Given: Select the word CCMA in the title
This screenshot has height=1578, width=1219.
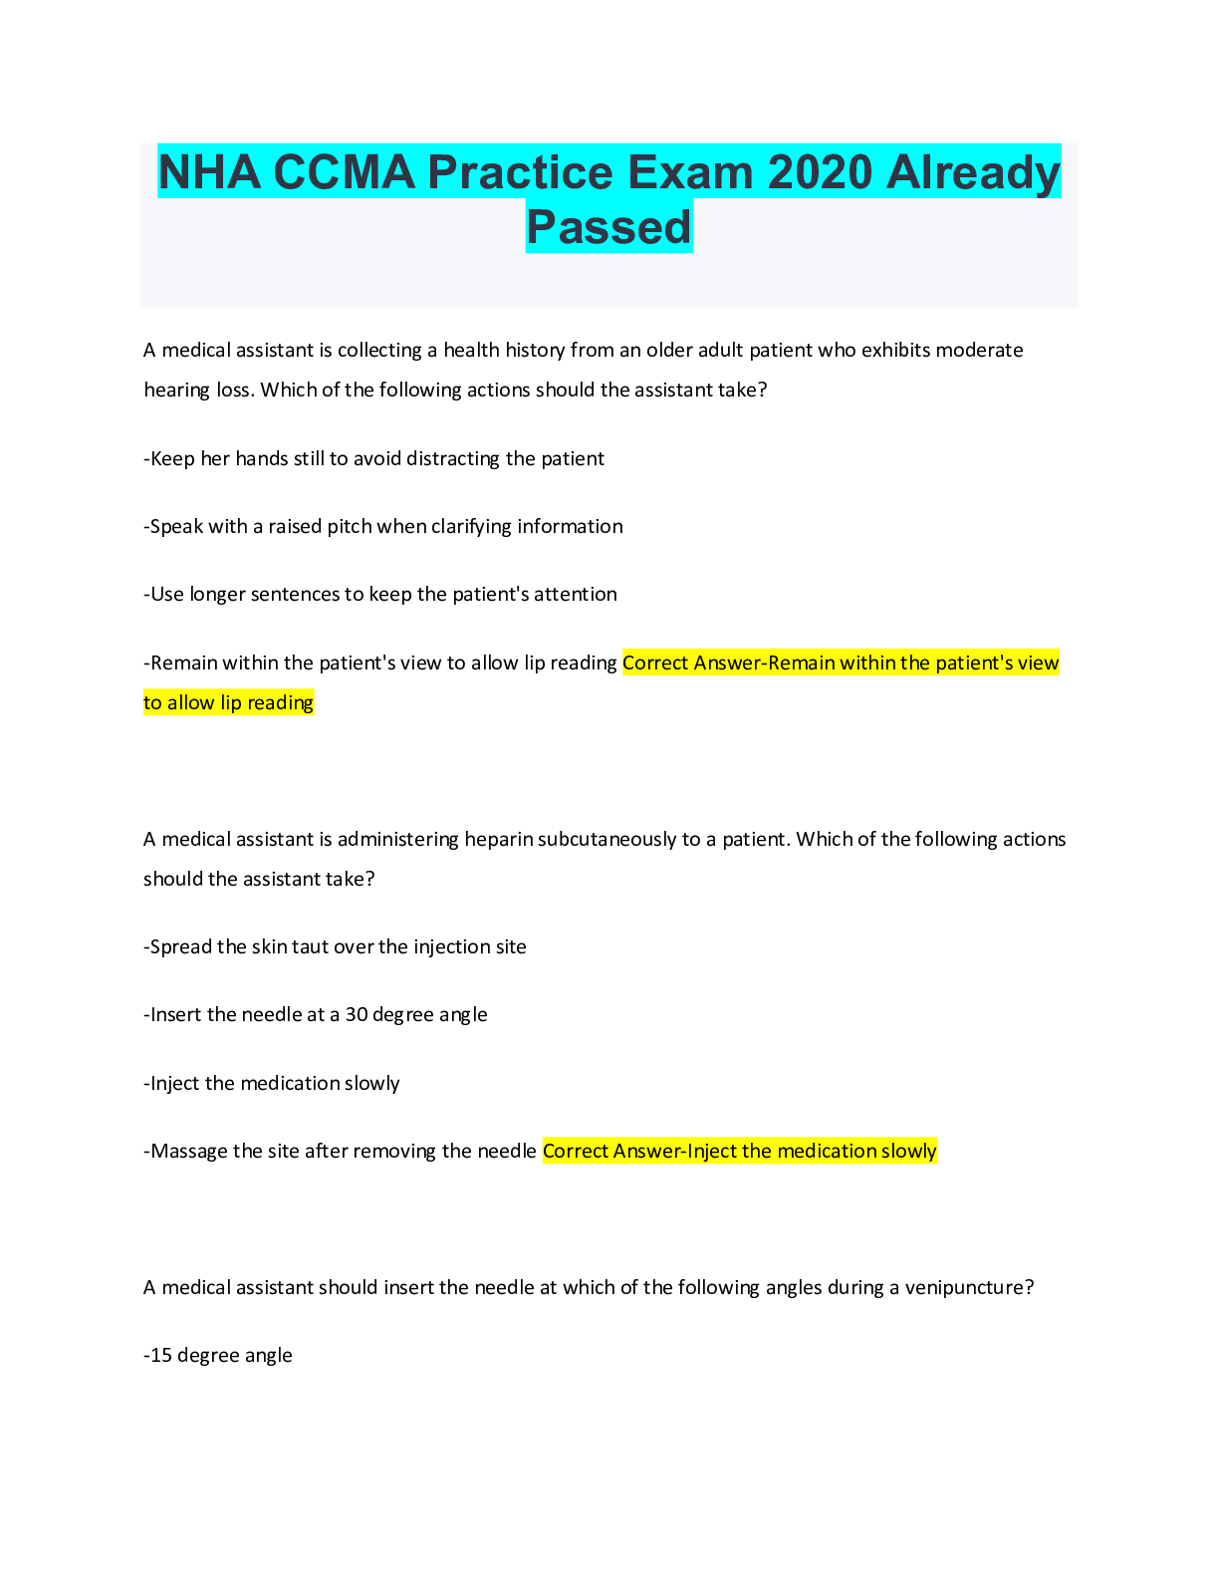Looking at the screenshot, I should (343, 172).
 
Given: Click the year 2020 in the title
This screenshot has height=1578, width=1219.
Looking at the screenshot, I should (821, 172).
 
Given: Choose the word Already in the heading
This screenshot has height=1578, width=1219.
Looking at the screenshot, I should (973, 172).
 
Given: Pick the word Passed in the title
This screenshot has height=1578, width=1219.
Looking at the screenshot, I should (609, 227).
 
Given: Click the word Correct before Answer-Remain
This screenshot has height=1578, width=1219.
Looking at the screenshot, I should (655, 662).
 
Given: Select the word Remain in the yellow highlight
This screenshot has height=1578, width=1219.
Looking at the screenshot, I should (803, 662).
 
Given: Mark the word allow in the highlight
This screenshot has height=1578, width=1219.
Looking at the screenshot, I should (191, 702).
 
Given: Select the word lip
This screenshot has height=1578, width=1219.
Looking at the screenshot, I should (231, 702).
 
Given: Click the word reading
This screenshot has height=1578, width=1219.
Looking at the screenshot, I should (280, 702).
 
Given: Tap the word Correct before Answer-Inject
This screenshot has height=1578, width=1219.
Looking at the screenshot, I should (575, 1151).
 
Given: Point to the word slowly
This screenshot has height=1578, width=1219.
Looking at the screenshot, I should (909, 1151).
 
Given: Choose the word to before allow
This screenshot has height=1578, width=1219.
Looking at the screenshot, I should (152, 702).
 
